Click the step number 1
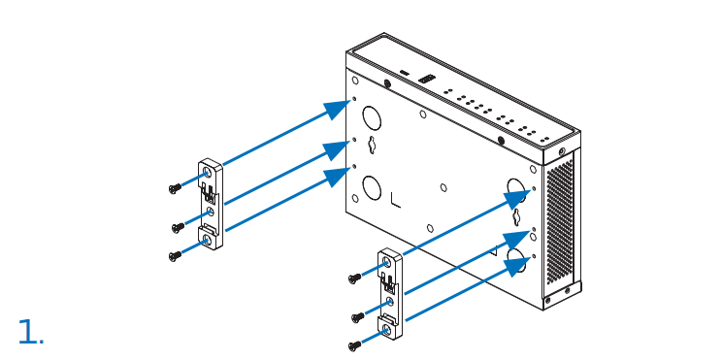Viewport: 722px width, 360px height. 29,333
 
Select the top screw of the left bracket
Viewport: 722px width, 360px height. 175,188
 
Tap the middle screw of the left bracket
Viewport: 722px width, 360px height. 178,227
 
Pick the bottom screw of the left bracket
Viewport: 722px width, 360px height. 175,255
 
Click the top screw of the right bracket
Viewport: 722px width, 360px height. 354,278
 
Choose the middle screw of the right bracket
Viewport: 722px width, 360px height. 357,317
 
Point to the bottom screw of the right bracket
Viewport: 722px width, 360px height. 354,344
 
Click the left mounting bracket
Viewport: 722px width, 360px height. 210,205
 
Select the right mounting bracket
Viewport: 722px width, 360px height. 389,295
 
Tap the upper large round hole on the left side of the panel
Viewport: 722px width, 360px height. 372,118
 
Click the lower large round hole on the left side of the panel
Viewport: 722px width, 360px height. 372,184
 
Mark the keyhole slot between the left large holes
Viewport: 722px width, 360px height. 373,148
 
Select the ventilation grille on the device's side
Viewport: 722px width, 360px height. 560,224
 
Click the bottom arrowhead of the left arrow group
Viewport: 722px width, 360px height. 337,176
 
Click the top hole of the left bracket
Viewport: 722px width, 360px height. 207,172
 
